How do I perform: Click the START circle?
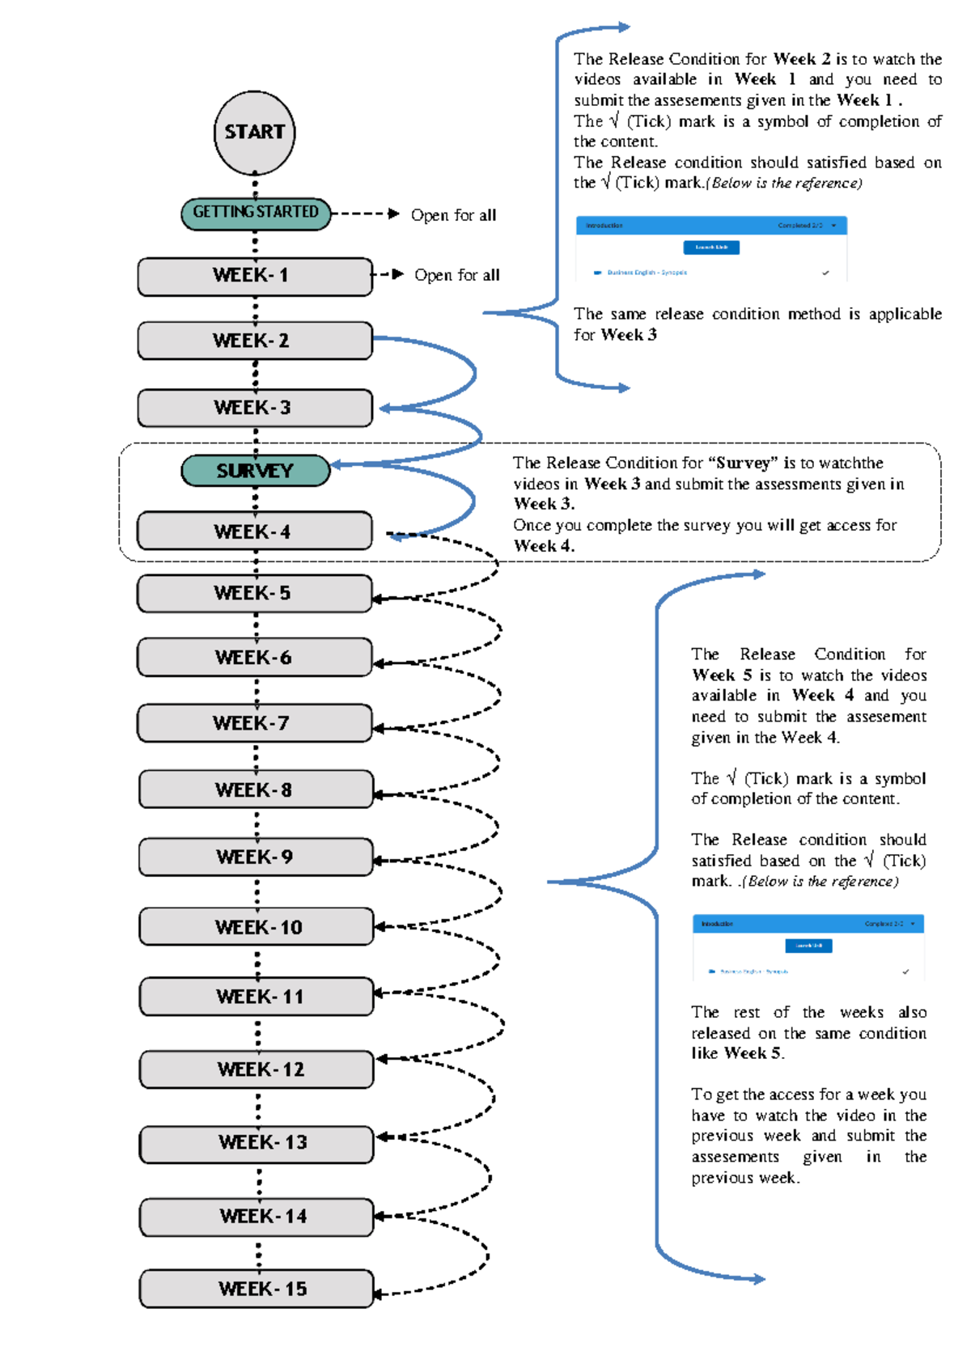coord(254,133)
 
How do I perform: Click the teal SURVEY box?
coord(255,471)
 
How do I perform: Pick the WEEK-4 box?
coord(254,531)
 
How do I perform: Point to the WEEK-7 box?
coord(254,723)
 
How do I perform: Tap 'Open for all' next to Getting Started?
coord(453,215)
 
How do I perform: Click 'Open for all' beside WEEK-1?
coord(456,275)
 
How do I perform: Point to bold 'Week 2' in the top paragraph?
coord(801,59)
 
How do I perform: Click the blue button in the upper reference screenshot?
coord(711,248)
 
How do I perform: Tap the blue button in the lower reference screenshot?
coord(808,946)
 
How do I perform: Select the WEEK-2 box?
coord(254,341)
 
